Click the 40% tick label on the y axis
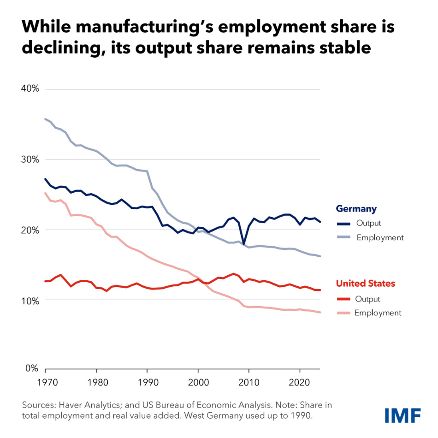(x=30, y=89)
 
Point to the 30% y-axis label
(x=30, y=160)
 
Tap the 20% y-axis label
(x=30, y=230)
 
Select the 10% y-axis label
(x=30, y=300)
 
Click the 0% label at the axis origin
(x=32, y=368)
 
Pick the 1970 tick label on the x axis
(x=45, y=383)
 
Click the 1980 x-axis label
(x=96, y=383)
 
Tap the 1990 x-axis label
(x=147, y=383)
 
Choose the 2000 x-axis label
(x=198, y=383)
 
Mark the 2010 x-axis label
(x=249, y=383)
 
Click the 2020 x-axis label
(x=300, y=383)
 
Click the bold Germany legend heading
(x=356, y=209)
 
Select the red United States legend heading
(x=365, y=284)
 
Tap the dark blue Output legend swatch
(x=343, y=224)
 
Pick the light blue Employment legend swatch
(x=343, y=238)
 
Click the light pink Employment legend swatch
(x=343, y=313)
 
